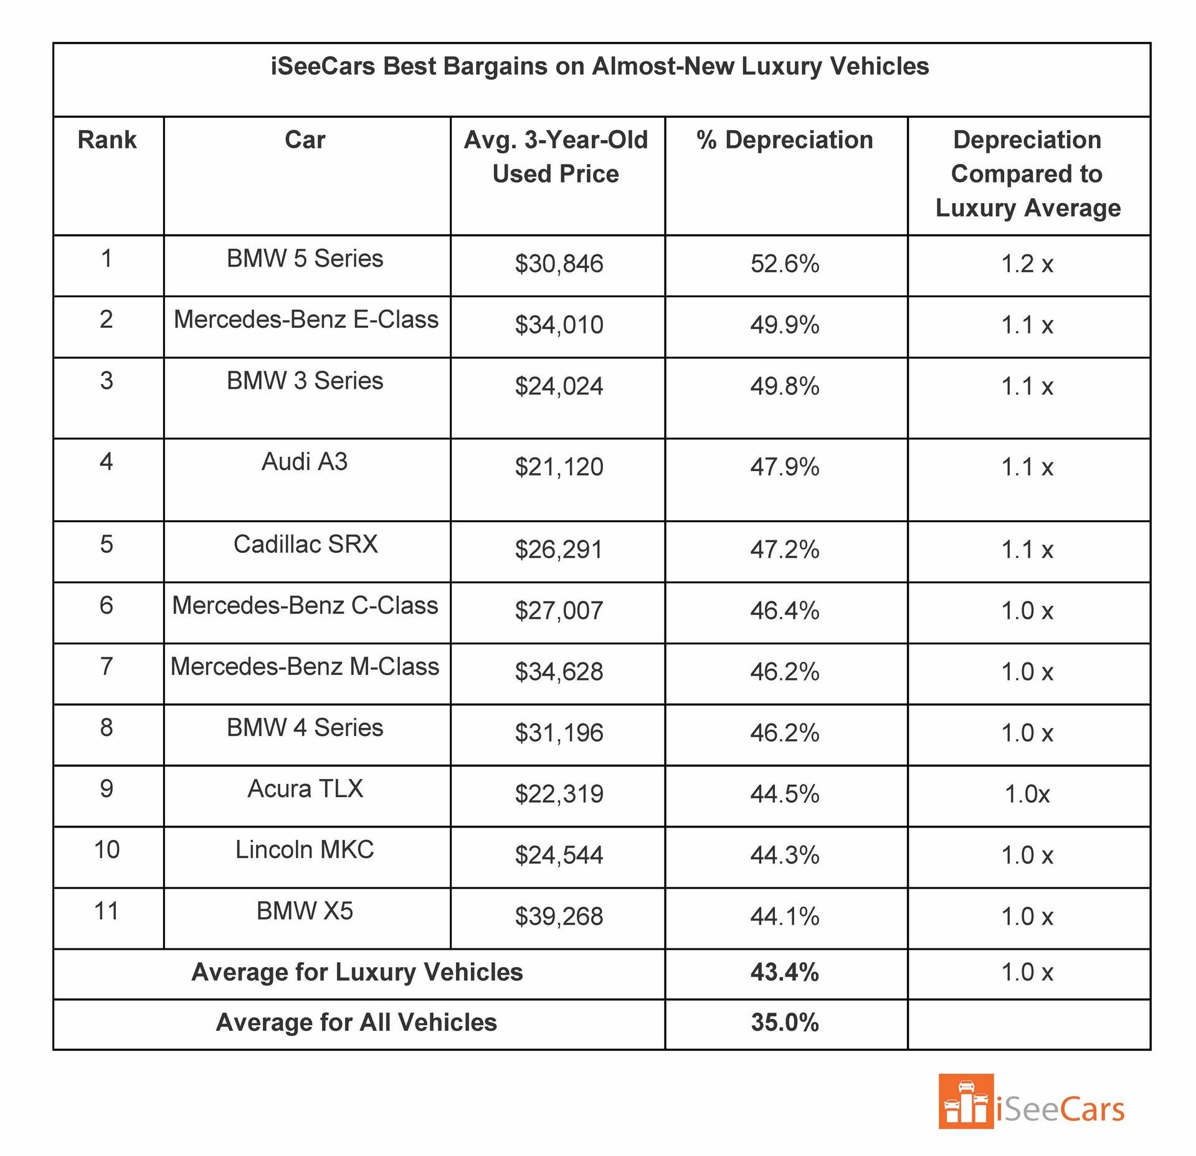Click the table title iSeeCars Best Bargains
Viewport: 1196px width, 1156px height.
[599, 66]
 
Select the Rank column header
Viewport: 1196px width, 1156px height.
[107, 140]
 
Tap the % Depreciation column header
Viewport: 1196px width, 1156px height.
[784, 140]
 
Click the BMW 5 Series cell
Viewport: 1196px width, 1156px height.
[305, 258]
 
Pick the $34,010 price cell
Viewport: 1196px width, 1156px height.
[559, 325]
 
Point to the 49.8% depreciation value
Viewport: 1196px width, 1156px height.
[784, 386]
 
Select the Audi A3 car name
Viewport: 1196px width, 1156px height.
[305, 462]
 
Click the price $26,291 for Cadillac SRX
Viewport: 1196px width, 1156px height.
[559, 550]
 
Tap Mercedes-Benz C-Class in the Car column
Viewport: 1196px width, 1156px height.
[305, 605]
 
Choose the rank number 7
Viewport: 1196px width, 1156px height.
[107, 666]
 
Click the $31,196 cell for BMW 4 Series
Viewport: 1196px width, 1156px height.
[559, 733]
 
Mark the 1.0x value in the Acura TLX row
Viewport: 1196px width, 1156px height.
[1027, 794]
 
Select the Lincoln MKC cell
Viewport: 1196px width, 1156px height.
[305, 849]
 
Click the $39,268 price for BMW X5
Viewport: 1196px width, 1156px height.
[559, 916]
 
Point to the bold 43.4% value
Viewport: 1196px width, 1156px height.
[784, 972]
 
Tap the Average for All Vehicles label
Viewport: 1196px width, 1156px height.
[356, 1023]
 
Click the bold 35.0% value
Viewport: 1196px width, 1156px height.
[784, 1023]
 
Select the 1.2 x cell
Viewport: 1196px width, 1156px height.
[1027, 264]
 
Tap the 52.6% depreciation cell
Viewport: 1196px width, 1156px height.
[784, 264]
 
